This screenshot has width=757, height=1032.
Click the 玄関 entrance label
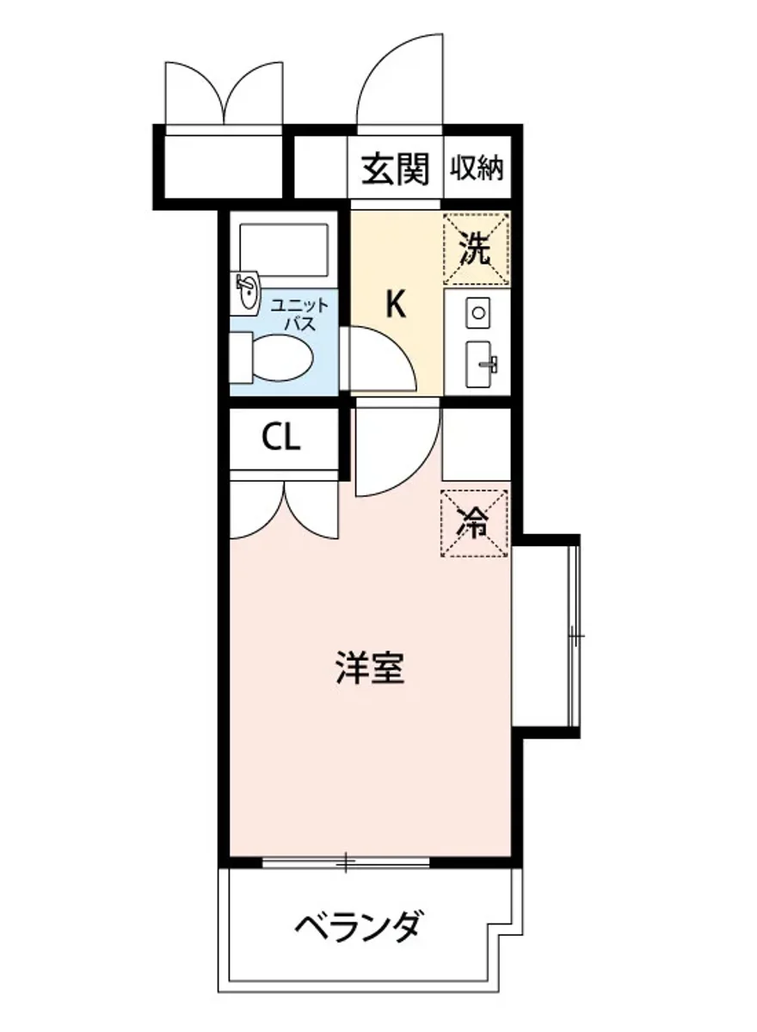click(x=395, y=169)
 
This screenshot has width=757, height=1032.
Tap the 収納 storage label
click(x=475, y=169)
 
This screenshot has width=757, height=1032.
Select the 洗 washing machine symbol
click(x=476, y=249)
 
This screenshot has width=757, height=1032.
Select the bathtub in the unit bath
click(x=283, y=249)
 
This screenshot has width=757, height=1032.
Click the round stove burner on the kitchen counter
click(x=477, y=311)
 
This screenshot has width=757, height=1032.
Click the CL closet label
click(x=281, y=438)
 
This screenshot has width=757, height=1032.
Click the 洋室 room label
click(x=370, y=668)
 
